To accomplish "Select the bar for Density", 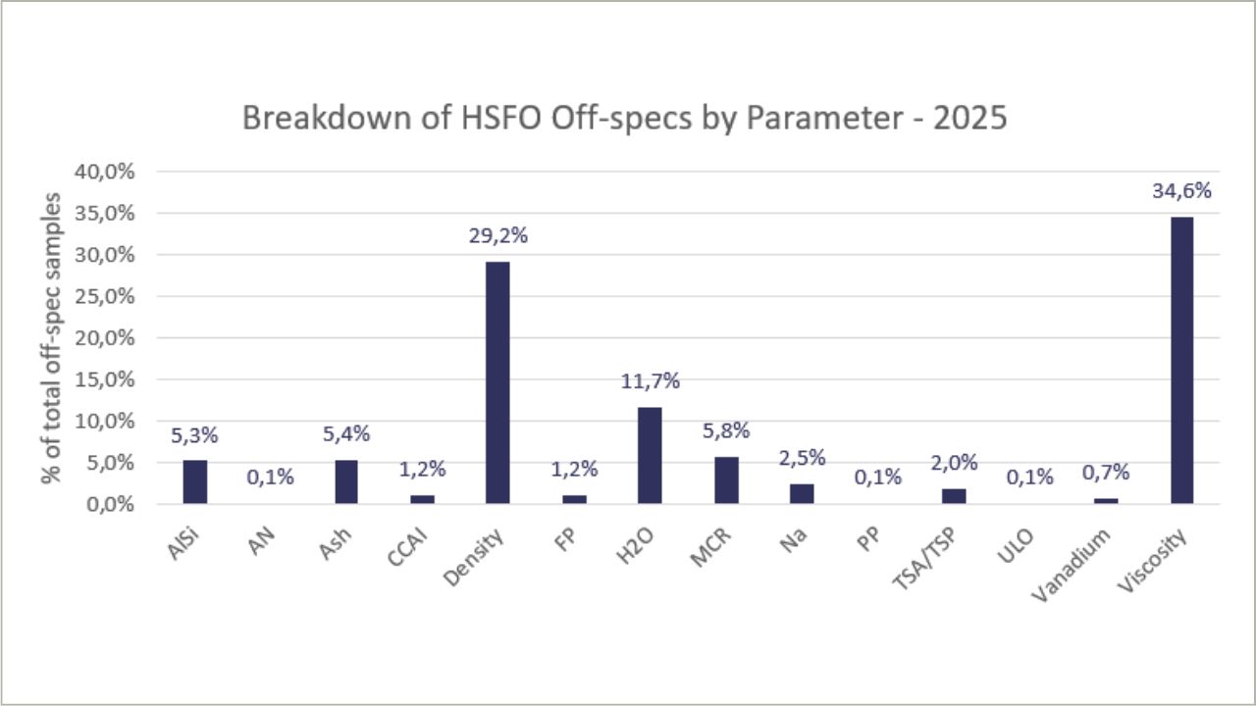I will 497,382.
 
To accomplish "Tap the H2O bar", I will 650,456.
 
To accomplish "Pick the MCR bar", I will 726,480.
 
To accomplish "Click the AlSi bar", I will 194,482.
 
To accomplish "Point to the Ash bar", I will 346,482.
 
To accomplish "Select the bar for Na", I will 802,494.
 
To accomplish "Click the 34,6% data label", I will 1181,191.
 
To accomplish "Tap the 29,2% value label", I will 497,236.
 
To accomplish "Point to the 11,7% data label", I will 650,381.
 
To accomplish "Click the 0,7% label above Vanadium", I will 1106,473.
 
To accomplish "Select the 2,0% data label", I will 954,463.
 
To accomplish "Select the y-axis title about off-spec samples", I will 51,337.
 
